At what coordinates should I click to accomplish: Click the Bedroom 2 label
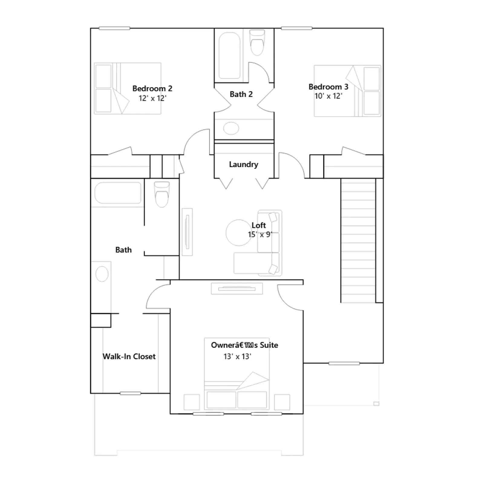point(152,89)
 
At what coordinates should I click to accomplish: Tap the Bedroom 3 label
point(328,87)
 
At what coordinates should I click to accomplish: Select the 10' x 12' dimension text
point(328,96)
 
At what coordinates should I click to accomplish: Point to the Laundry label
point(244,165)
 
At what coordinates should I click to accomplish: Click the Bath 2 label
point(241,94)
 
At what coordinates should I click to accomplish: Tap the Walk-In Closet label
point(129,357)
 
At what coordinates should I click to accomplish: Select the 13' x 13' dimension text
point(237,357)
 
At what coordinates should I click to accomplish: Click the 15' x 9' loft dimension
point(260,235)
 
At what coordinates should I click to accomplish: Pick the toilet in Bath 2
point(257,43)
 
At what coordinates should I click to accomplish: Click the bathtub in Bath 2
point(229,55)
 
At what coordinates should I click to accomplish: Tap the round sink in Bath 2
point(231,128)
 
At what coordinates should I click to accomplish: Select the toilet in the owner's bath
point(162,194)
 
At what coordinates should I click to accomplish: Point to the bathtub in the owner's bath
point(118,193)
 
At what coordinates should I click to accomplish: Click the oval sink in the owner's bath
point(102,274)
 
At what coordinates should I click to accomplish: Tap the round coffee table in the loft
point(239,233)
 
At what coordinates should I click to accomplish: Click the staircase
point(358,241)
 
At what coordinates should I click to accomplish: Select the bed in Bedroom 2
point(128,88)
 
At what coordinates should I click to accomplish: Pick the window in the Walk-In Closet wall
point(130,393)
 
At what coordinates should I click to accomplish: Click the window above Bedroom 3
point(296,28)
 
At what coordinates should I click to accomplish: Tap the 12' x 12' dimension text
point(152,98)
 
